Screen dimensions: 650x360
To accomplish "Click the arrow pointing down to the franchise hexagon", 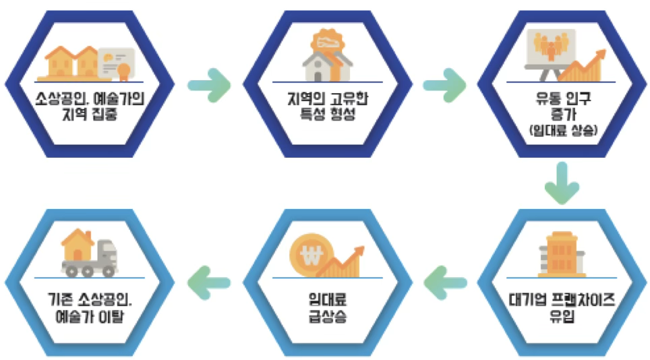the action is [x=562, y=183].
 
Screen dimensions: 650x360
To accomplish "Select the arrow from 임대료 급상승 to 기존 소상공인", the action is [x=209, y=283].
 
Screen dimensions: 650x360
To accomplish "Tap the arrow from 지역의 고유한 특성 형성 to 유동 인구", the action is [x=444, y=86].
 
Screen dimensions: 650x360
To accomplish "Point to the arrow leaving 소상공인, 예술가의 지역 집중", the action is [x=209, y=86].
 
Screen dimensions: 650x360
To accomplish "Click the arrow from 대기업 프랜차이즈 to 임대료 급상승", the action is [x=445, y=283].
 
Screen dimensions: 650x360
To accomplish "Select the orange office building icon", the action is [x=562, y=254].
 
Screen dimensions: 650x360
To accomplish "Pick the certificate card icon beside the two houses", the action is [x=117, y=63].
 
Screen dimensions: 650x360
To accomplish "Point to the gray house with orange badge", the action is [x=328, y=55].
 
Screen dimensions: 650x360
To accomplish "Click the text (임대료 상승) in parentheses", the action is [x=563, y=131].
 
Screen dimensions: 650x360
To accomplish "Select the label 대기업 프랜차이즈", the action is [x=562, y=299].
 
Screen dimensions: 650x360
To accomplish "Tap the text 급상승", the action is [x=328, y=317].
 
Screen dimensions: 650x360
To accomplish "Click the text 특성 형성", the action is [x=328, y=113].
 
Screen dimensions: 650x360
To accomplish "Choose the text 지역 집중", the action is [x=90, y=114].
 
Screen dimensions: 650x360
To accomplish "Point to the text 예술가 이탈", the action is [x=90, y=317].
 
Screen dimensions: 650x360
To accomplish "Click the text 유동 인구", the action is [x=563, y=98].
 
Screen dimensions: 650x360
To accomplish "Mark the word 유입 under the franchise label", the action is [x=562, y=317].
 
